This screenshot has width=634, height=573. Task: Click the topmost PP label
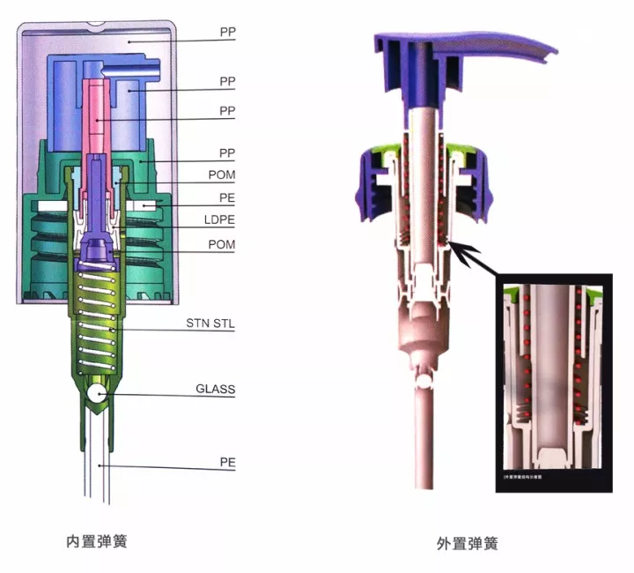[228, 31]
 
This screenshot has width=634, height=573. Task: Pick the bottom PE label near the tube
[228, 461]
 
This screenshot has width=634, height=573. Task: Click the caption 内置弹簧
[97, 540]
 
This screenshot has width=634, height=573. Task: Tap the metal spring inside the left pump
[97, 317]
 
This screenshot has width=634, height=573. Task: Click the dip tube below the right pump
[424, 441]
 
